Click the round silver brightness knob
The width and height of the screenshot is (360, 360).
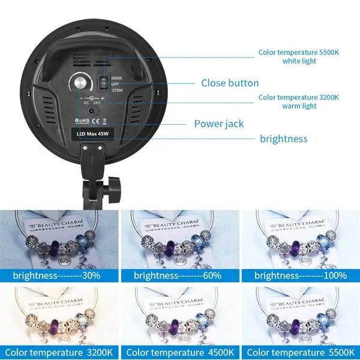[x=79, y=83]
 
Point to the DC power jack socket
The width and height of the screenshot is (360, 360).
[x=91, y=110]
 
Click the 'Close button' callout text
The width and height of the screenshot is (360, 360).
[x=230, y=83]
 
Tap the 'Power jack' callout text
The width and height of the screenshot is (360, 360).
[x=218, y=124]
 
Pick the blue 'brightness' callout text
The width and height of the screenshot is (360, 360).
[x=283, y=139]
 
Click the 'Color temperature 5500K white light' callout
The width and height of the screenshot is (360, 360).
[x=299, y=56]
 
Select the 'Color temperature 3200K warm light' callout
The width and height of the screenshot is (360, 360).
[x=299, y=101]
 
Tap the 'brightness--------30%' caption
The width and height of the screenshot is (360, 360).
[x=58, y=275]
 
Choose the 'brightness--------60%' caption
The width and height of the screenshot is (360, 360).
[x=178, y=275]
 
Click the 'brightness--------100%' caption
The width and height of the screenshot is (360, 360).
[x=300, y=275]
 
